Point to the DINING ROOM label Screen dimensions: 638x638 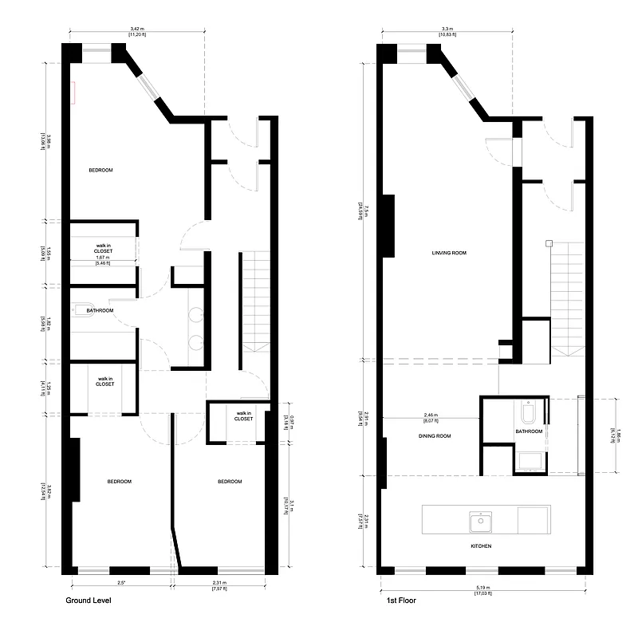pyautogui.click(x=435, y=436)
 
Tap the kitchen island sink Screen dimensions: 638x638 pyautogui.click(x=481, y=522)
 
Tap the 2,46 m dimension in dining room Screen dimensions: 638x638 pyautogui.click(x=431, y=415)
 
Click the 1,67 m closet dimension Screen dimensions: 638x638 pyautogui.click(x=102, y=258)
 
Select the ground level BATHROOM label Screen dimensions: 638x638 pyautogui.click(x=100, y=310)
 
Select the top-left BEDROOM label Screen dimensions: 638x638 pyautogui.click(x=100, y=171)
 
